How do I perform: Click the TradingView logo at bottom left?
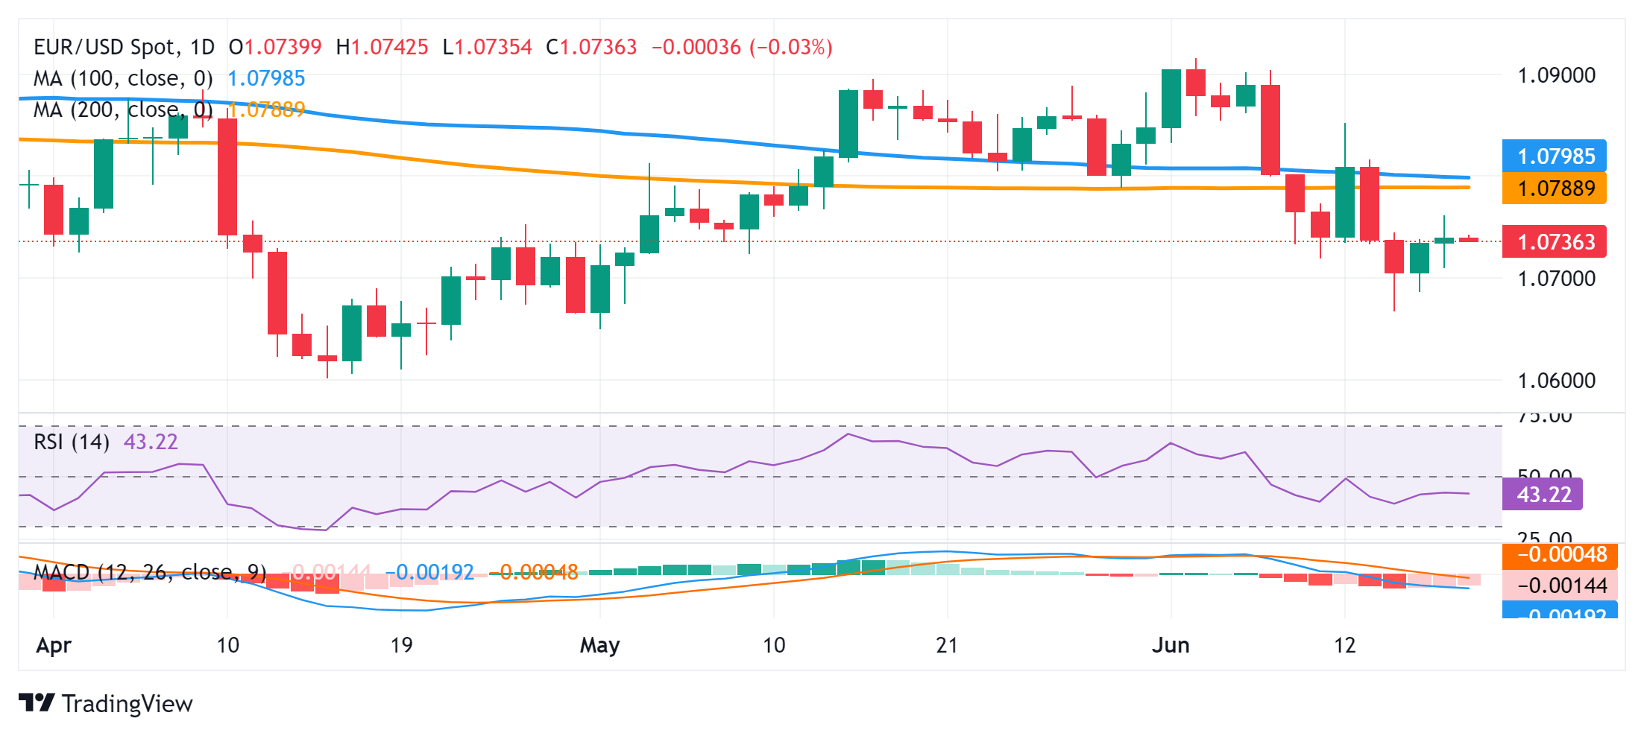pyautogui.click(x=105, y=703)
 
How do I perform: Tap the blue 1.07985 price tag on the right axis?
pyautogui.click(x=1555, y=156)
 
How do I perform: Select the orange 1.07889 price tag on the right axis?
pyautogui.click(x=1555, y=188)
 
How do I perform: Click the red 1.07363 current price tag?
pyautogui.click(x=1555, y=242)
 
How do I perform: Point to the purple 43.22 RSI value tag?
pyautogui.click(x=1543, y=495)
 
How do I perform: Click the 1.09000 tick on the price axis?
pyautogui.click(x=1556, y=75)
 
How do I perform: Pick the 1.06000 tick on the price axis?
pyautogui.click(x=1556, y=381)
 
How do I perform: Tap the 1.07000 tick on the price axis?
pyautogui.click(x=1556, y=279)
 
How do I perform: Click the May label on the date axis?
pyautogui.click(x=599, y=645)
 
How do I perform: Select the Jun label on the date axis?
pyautogui.click(x=1171, y=645)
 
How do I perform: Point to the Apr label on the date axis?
pyautogui.click(x=54, y=645)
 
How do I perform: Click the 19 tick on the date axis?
pyautogui.click(x=401, y=645)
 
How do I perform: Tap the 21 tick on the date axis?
pyautogui.click(x=947, y=645)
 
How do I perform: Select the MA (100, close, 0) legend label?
pyautogui.click(x=123, y=78)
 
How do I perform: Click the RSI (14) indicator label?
pyautogui.click(x=72, y=442)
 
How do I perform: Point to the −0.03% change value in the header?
pyautogui.click(x=791, y=47)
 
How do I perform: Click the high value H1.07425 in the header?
pyautogui.click(x=382, y=47)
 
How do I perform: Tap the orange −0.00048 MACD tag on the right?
pyautogui.click(x=1560, y=555)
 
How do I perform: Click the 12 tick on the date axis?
pyautogui.click(x=1344, y=645)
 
